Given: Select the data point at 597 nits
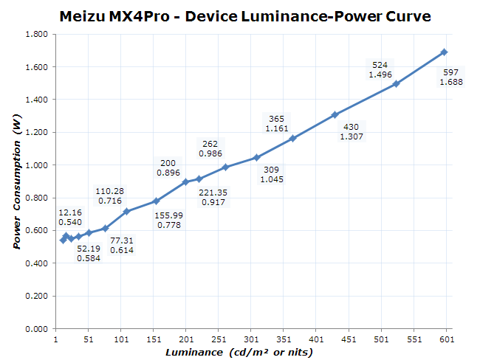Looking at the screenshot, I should point(444,52).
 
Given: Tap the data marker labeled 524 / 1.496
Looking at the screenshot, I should point(396,83).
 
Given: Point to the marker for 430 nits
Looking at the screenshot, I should point(335,114).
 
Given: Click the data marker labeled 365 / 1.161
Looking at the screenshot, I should point(292,138).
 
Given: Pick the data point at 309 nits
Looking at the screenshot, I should point(256,157).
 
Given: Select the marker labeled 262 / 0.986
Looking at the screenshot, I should point(225,167).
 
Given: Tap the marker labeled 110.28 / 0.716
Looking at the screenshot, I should point(126,211).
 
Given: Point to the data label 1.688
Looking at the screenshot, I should point(451,82).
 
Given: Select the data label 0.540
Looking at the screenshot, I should point(70,222).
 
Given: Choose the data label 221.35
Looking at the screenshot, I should point(213,193).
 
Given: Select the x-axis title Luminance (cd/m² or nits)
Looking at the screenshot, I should point(239,353).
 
